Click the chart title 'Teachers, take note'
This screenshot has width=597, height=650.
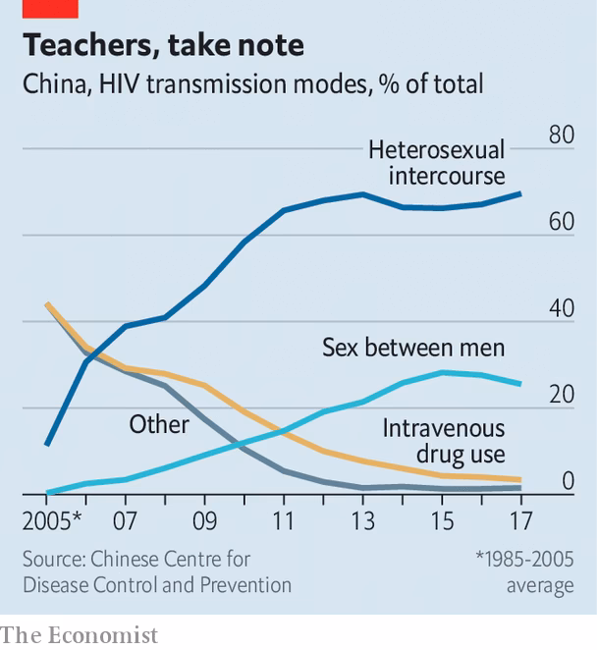pyautogui.click(x=163, y=45)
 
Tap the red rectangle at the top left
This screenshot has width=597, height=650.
pyautogui.click(x=39, y=9)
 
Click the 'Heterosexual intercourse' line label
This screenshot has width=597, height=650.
pyautogui.click(x=436, y=163)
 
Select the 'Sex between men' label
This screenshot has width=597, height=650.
pyautogui.click(x=413, y=348)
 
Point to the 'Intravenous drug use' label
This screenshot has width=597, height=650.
pyautogui.click(x=444, y=441)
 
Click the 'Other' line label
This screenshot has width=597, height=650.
pyautogui.click(x=159, y=424)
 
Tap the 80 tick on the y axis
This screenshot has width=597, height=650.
pyautogui.click(x=561, y=135)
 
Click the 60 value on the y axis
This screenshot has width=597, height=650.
pyautogui.click(x=561, y=222)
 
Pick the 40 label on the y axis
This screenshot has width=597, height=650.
pyautogui.click(x=561, y=308)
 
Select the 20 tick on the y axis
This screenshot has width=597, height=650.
pyautogui.click(x=561, y=395)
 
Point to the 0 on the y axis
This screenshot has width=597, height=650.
pyautogui.click(x=567, y=481)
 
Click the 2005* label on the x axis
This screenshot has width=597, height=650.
pyautogui.click(x=50, y=519)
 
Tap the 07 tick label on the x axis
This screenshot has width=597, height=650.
pyautogui.click(x=126, y=519)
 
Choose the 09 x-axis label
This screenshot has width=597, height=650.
pyautogui.click(x=204, y=519)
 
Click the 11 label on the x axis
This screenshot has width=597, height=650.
pyautogui.click(x=284, y=519)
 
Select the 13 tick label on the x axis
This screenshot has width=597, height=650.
pyautogui.click(x=362, y=519)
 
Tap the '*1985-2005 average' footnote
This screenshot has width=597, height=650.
pyautogui.click(x=523, y=572)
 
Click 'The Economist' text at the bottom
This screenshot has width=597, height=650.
pyautogui.click(x=80, y=634)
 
